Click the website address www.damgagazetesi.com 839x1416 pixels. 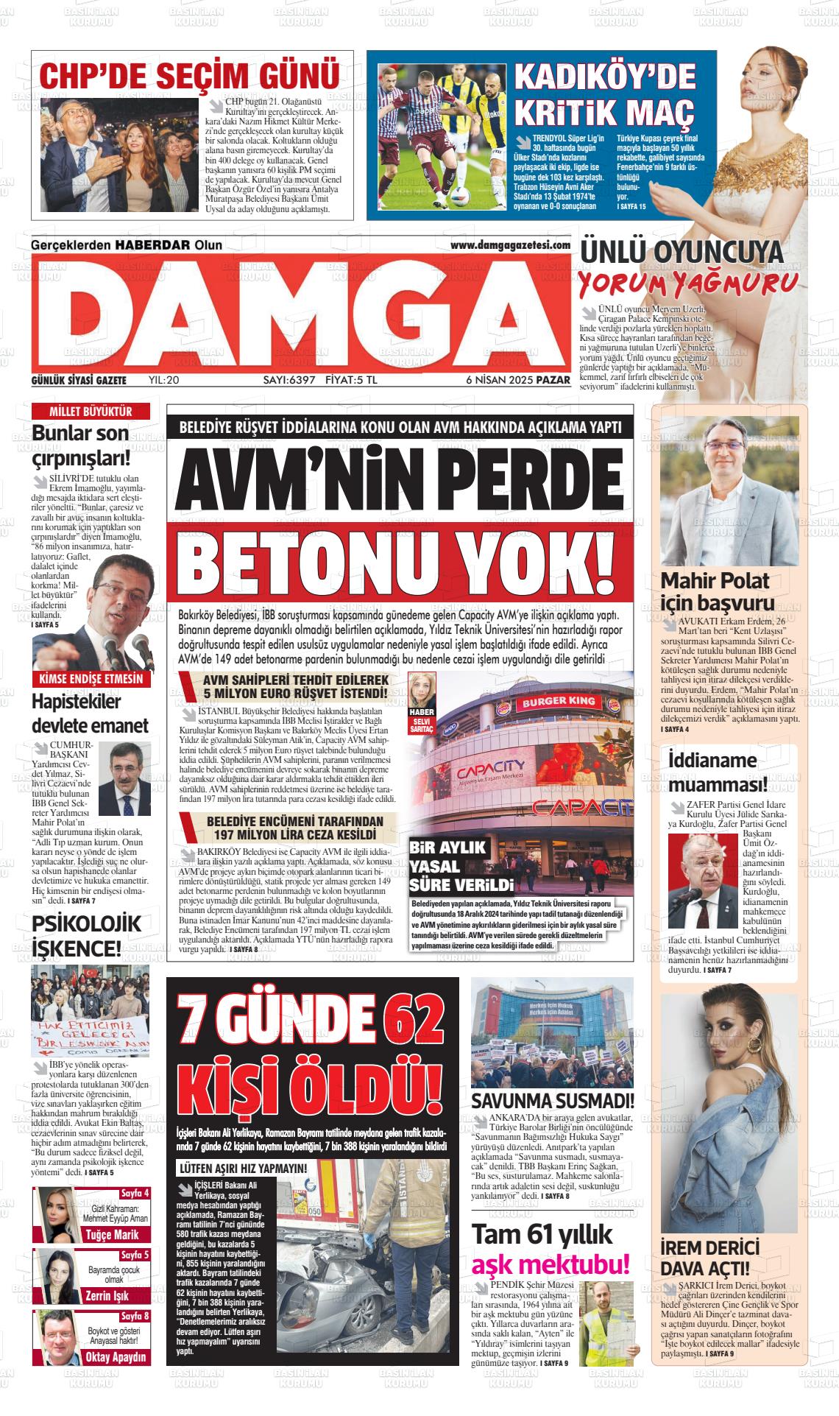pyautogui.click(x=510, y=245)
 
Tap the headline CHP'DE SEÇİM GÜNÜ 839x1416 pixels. pyautogui.click(x=189, y=75)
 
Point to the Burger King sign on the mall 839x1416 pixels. pyautogui.click(x=559, y=702)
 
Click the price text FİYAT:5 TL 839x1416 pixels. pyautogui.click(x=351, y=380)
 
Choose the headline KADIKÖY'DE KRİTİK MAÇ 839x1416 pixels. pyautogui.click(x=604, y=94)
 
